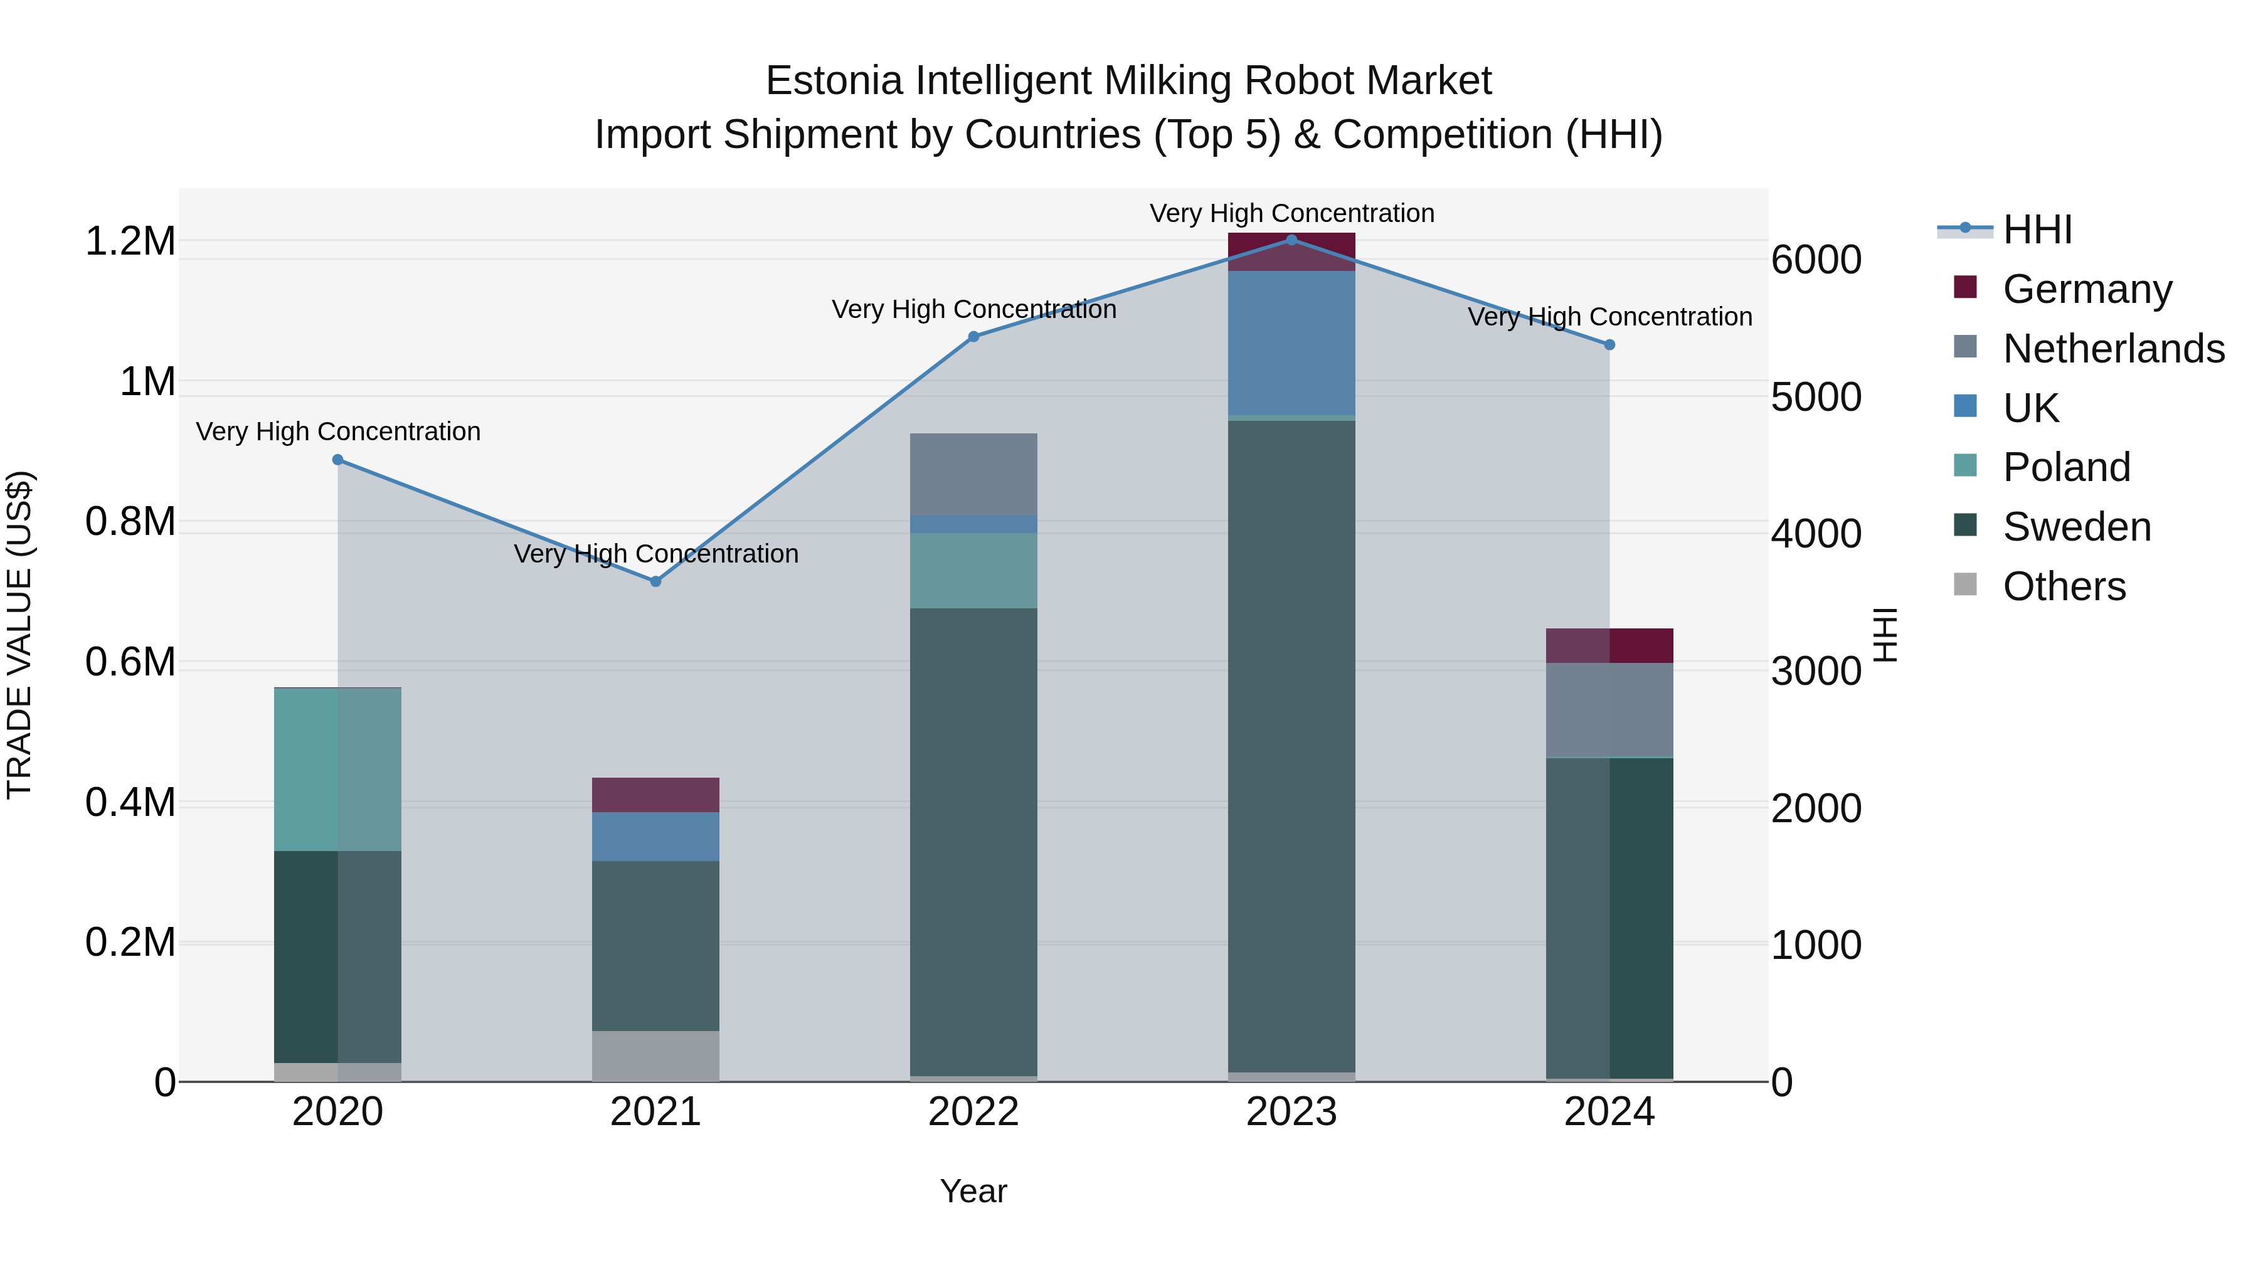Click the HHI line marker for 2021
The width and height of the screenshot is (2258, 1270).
(x=655, y=581)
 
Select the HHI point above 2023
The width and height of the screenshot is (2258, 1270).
(x=1291, y=240)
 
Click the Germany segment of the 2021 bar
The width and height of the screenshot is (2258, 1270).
(x=655, y=795)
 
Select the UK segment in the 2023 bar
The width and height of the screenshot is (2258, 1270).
(x=1291, y=342)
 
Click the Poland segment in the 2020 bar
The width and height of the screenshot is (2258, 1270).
(x=337, y=770)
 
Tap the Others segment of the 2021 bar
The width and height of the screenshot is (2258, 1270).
(x=655, y=1056)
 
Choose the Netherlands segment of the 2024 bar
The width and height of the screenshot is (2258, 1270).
(x=1609, y=710)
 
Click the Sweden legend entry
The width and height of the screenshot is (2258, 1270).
(x=2077, y=527)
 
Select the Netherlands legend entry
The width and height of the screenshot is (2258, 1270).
(x=2113, y=349)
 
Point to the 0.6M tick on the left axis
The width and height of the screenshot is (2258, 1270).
(x=130, y=663)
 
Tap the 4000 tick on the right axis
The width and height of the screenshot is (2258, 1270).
(x=1815, y=534)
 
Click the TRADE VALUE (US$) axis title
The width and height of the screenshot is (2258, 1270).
(x=19, y=635)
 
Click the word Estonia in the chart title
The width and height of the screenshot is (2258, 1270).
(x=834, y=82)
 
